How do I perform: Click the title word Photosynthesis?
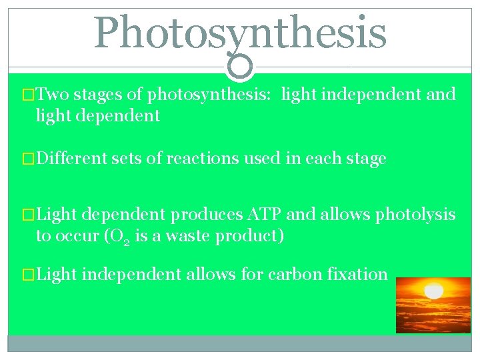(x=240, y=33)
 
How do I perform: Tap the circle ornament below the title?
(x=240, y=65)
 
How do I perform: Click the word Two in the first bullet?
(x=53, y=95)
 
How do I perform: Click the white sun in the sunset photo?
(x=434, y=291)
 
